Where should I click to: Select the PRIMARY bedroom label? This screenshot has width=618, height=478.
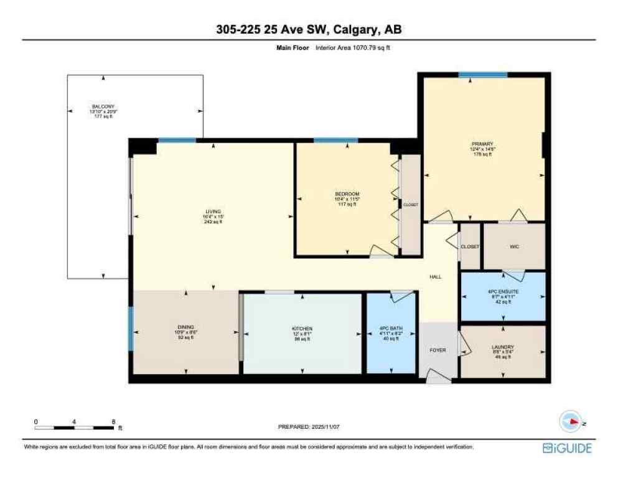click(482, 144)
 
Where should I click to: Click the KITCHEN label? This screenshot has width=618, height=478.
click(302, 328)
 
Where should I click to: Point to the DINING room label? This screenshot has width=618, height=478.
click(185, 327)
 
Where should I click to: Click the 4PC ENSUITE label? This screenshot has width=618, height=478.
click(502, 291)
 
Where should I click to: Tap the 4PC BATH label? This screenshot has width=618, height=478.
click(390, 328)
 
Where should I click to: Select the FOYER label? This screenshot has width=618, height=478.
click(438, 350)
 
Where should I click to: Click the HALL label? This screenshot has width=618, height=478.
click(436, 277)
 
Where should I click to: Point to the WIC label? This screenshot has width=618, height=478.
click(514, 246)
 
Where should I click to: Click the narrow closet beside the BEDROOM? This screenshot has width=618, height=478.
click(410, 205)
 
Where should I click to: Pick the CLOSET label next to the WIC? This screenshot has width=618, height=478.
click(470, 246)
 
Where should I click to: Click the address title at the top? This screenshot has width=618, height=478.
click(309, 29)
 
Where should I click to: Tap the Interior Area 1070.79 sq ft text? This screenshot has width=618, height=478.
click(359, 47)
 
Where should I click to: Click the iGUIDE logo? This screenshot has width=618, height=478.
click(566, 448)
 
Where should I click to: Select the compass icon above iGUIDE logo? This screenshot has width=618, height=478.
click(571, 422)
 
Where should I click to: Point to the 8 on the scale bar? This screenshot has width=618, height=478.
click(113, 421)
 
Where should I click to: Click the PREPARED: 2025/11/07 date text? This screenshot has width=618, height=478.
click(309, 427)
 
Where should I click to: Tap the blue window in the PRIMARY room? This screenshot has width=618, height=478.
click(483, 75)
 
